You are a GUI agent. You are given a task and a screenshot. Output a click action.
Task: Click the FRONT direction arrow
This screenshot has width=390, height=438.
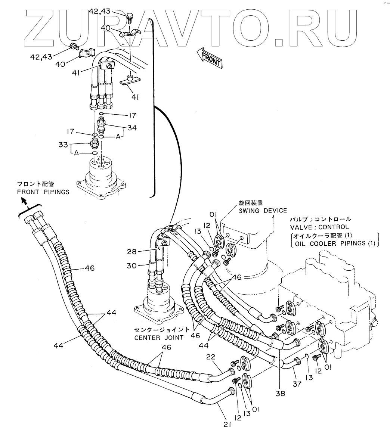click(209, 58)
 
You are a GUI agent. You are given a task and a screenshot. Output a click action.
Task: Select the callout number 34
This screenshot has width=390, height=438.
click(131, 128)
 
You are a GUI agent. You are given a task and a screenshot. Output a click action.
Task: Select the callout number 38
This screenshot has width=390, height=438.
click(281, 393)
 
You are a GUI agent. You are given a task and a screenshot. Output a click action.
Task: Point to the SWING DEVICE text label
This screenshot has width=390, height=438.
click(263, 211)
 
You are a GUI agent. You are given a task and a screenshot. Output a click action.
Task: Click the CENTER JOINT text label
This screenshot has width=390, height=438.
click(159, 338)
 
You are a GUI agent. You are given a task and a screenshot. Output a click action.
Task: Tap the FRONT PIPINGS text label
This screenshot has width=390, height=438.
click(43, 192)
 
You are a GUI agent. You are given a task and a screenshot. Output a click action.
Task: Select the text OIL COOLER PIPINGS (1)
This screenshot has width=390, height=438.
click(335, 243)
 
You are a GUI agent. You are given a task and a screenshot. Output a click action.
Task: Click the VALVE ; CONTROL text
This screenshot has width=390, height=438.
click(319, 227)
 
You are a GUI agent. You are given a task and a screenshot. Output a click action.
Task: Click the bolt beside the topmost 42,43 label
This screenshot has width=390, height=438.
click(130, 16)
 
